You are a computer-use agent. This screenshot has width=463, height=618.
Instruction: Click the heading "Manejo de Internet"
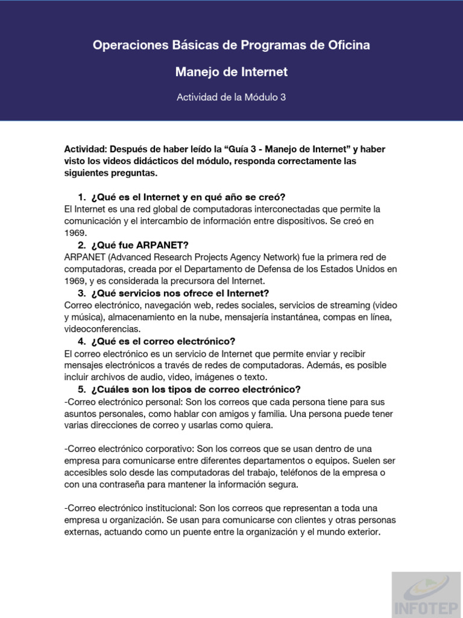click(231, 72)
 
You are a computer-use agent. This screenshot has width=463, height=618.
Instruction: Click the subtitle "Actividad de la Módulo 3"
click(231, 97)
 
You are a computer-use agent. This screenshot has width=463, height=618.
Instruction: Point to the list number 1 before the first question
click(81, 197)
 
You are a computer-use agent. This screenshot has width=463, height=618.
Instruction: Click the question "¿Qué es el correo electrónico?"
click(163, 341)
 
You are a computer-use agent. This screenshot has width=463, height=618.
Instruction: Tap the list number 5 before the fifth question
click(81, 389)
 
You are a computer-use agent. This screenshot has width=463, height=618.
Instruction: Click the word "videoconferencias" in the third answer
click(102, 329)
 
